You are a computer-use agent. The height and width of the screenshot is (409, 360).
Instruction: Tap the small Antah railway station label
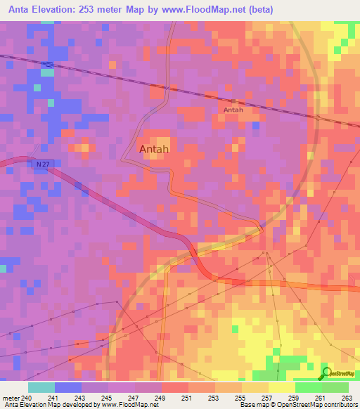[x=233, y=110]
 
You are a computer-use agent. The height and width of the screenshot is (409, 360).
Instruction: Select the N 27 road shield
[x=42, y=164]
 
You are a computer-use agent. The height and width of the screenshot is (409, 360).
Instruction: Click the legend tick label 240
[x=27, y=398]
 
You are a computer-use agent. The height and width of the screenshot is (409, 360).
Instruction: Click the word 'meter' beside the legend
[x=11, y=398]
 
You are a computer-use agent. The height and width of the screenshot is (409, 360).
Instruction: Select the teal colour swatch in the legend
[x=41, y=387]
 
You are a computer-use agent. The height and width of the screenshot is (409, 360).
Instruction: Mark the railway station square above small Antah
[x=233, y=101]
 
